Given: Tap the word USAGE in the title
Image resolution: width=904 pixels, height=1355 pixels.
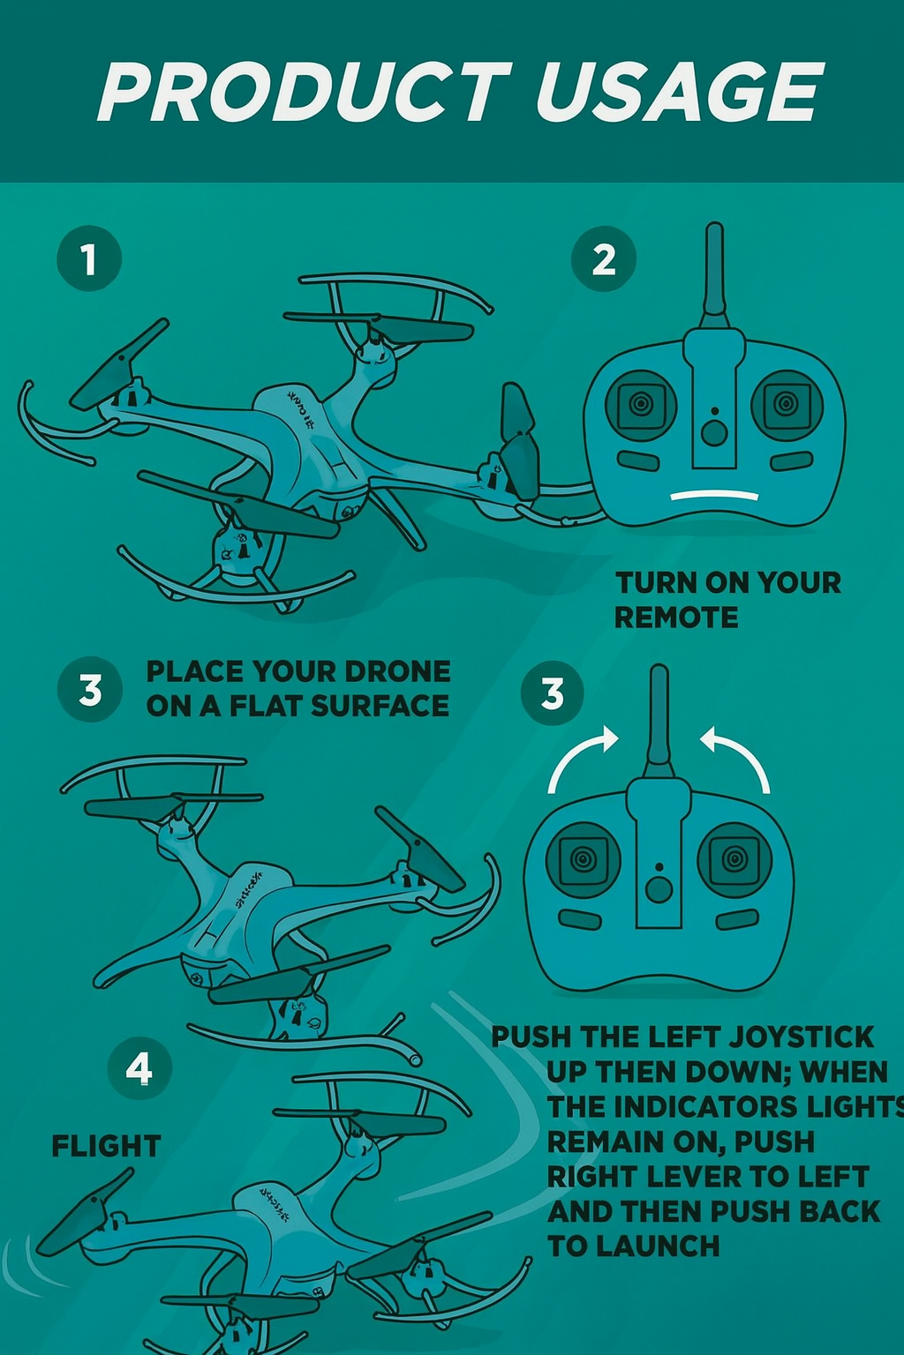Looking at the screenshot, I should pyautogui.click(x=679, y=93).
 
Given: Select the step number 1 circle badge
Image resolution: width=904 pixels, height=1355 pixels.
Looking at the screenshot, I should pyautogui.click(x=88, y=259).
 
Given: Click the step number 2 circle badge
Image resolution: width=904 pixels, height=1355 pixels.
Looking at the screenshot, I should pyautogui.click(x=604, y=259).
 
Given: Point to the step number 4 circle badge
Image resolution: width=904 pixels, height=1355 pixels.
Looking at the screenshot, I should pyautogui.click(x=139, y=1068).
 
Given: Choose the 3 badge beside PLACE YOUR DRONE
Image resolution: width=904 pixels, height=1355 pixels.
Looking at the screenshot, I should pyautogui.click(x=89, y=690).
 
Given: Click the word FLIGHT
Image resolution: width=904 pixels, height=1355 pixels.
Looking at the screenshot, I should pyautogui.click(x=106, y=1146).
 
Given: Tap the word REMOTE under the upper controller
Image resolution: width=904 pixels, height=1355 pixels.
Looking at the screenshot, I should pyautogui.click(x=676, y=618).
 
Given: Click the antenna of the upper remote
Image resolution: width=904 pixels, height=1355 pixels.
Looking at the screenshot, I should pyautogui.click(x=714, y=269).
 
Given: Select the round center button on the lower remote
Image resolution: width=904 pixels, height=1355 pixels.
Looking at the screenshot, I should pyautogui.click(x=659, y=889).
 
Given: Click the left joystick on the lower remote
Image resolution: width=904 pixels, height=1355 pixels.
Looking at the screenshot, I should pyautogui.click(x=583, y=858).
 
